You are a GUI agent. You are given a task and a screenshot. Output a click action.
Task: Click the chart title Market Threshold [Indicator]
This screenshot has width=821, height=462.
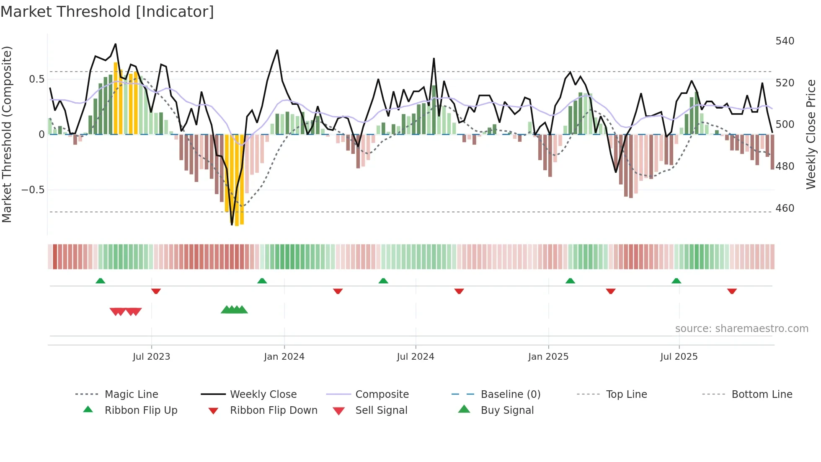click(x=107, y=12)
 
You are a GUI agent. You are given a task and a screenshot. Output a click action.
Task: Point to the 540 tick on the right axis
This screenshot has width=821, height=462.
click(x=785, y=41)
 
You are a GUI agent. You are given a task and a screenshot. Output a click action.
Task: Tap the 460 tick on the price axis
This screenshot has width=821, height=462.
click(x=785, y=208)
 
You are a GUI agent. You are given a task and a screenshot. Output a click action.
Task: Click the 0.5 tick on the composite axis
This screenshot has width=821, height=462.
click(x=37, y=79)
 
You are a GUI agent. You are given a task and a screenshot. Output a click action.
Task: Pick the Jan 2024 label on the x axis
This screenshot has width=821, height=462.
click(x=284, y=357)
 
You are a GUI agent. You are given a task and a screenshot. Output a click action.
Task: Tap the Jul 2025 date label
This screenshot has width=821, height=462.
click(x=679, y=357)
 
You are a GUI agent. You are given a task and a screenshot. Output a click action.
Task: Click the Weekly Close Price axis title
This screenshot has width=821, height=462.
click(x=811, y=134)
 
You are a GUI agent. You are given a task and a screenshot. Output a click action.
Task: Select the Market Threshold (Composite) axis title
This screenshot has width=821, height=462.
click(x=7, y=134)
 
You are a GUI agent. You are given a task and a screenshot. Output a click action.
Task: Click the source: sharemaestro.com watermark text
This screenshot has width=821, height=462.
click(x=741, y=329)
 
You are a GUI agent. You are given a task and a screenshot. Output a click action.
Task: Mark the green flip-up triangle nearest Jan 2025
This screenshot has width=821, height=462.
click(x=570, y=281)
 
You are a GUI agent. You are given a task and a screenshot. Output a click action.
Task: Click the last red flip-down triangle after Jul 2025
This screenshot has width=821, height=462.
click(x=732, y=291)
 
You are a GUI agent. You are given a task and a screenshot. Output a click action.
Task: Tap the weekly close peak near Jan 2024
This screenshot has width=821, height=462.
click(x=277, y=50)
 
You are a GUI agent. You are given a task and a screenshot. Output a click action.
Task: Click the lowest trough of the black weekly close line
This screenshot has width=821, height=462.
click(x=232, y=225)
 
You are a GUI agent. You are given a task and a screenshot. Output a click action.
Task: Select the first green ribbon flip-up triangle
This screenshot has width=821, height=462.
click(x=100, y=281)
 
